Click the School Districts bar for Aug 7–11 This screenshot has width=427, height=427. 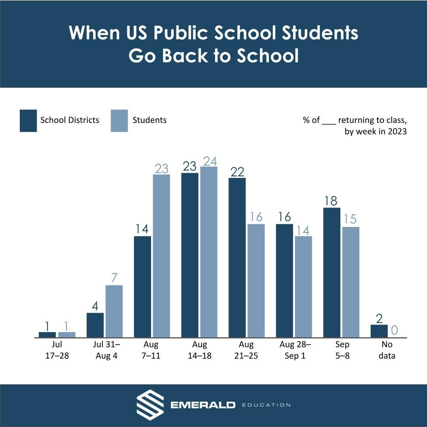pyautogui.click(x=142, y=287)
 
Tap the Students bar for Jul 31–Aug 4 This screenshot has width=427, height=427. pyautogui.click(x=114, y=311)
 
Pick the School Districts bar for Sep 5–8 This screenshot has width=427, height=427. pyautogui.click(x=332, y=272)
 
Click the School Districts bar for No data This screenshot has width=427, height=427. pyautogui.click(x=379, y=331)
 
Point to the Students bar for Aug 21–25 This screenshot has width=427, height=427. pyautogui.click(x=256, y=281)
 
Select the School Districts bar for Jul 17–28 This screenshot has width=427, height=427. pyautogui.click(x=47, y=335)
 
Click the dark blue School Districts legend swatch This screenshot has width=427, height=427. pyautogui.click(x=28, y=121)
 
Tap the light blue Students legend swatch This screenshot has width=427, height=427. pyautogui.click(x=119, y=121)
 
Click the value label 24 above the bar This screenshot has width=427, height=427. pyautogui.click(x=210, y=161)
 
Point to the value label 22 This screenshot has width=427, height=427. pyautogui.click(x=237, y=172)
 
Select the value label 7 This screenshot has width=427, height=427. pyautogui.click(x=114, y=278)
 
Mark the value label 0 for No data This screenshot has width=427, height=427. pyautogui.click(x=394, y=330)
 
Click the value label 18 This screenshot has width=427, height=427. pyautogui.click(x=331, y=201)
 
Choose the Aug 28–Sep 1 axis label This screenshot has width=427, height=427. pyautogui.click(x=295, y=350)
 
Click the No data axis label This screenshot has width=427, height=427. pyautogui.click(x=387, y=350)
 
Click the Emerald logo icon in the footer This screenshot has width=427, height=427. pyautogui.click(x=150, y=405)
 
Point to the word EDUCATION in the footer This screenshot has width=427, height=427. pyautogui.click(x=266, y=405)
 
